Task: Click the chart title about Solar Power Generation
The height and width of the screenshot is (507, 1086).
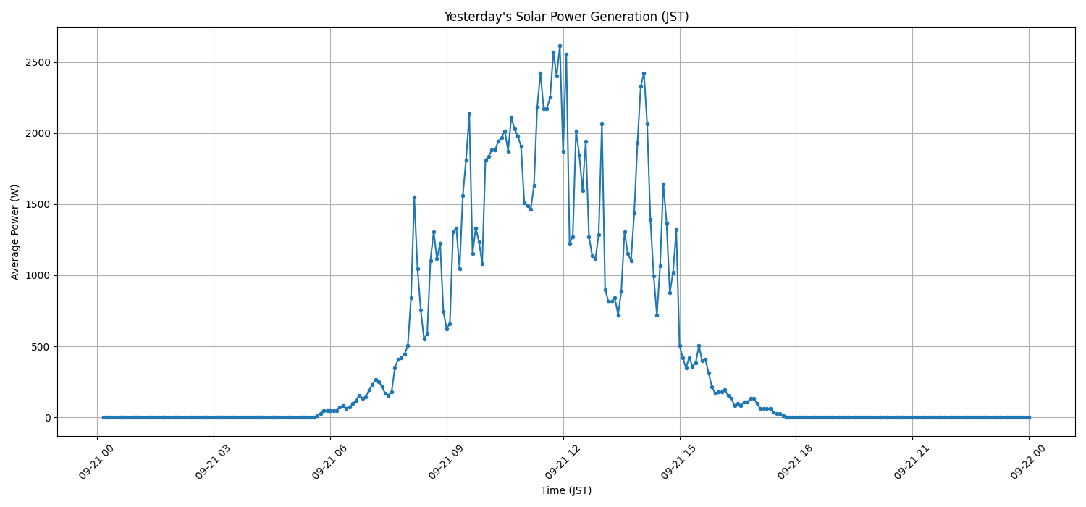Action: (x=566, y=17)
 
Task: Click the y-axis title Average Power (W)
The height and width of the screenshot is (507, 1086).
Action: (x=15, y=232)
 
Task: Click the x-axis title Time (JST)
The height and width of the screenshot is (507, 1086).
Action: (x=566, y=490)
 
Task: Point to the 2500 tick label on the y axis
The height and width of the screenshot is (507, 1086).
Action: (x=38, y=62)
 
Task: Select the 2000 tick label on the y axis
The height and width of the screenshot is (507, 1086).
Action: (x=38, y=133)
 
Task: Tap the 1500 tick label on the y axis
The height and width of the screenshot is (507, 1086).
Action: (x=38, y=204)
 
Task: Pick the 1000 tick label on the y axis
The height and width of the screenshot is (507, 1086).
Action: (x=38, y=275)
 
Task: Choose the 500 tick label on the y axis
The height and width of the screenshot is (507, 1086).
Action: (x=41, y=346)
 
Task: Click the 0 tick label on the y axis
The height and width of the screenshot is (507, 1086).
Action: (x=48, y=418)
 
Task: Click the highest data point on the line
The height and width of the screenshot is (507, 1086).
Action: (x=560, y=46)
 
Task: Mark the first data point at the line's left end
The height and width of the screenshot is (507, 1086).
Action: (x=104, y=417)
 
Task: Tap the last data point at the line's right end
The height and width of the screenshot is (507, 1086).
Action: (x=1029, y=417)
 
